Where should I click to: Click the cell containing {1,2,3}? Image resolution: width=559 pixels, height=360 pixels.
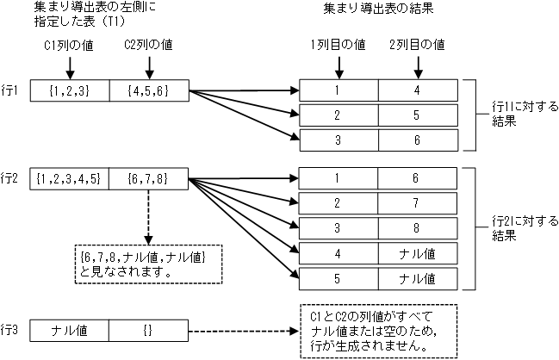point(70,90)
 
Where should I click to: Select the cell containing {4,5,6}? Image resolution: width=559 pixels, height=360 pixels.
point(149,90)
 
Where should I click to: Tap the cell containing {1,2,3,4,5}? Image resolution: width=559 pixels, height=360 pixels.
point(70,179)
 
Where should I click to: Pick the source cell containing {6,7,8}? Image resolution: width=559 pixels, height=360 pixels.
point(149,179)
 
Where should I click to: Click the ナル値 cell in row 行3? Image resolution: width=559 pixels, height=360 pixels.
point(70,330)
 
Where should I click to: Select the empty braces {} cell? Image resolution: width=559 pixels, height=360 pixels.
point(149,330)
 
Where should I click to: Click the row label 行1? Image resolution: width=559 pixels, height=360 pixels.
point(12,90)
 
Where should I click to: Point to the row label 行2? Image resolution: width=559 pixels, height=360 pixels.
point(12,179)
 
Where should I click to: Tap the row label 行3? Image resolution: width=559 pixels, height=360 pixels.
point(12,330)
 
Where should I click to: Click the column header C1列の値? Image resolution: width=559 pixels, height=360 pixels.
point(70,44)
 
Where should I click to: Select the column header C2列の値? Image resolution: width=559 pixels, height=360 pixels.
point(150,44)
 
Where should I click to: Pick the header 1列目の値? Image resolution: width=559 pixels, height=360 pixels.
point(339,44)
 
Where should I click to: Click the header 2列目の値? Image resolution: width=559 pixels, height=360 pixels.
point(417,44)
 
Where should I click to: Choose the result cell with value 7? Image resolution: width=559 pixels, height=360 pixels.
point(417,203)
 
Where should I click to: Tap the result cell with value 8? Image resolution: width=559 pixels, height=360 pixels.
point(417,228)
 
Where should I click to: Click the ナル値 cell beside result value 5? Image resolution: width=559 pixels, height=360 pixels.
point(417,279)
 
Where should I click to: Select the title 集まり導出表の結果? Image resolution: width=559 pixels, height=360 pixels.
point(378,11)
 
